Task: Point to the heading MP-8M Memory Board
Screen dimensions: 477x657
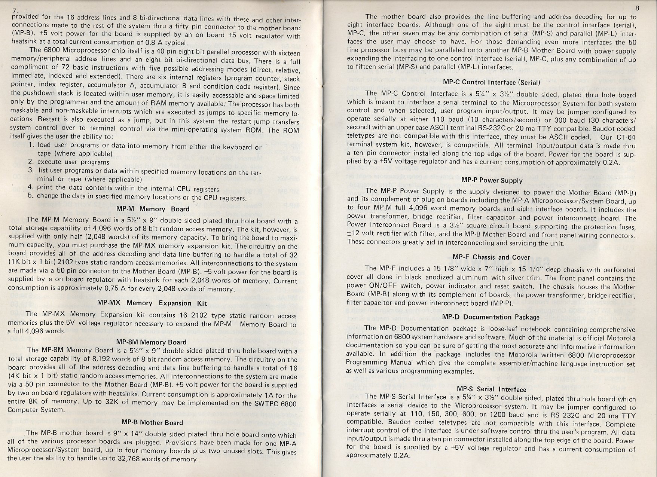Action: (x=151, y=342)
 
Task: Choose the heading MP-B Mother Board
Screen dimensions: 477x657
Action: (x=153, y=422)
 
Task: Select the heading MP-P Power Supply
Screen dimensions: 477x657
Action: (x=492, y=180)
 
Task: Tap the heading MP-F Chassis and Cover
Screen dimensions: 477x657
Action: (x=491, y=257)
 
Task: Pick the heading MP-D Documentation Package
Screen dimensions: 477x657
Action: (x=491, y=317)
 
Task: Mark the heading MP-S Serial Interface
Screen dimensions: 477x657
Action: (x=491, y=389)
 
